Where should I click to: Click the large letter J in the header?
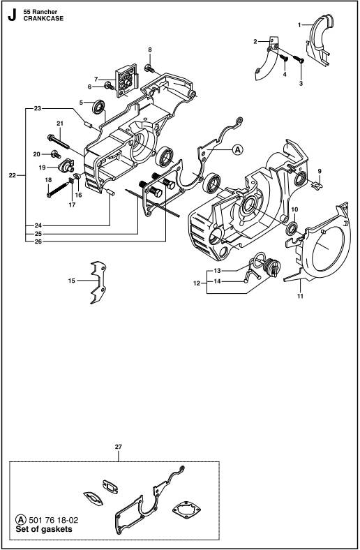(x=13, y=15)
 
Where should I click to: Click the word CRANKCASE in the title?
(x=43, y=19)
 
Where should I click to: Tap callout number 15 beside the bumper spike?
(x=71, y=281)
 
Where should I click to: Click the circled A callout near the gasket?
(x=237, y=150)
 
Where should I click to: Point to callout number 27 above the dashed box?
(x=119, y=447)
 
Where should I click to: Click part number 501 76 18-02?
(x=53, y=520)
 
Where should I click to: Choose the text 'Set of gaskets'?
(x=44, y=529)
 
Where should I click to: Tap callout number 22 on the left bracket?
(x=13, y=175)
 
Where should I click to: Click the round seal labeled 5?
(x=99, y=107)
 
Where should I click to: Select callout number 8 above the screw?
(x=150, y=50)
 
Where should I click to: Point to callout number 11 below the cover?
(x=300, y=296)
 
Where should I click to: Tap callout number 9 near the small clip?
(x=320, y=171)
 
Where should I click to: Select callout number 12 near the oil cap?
(x=197, y=283)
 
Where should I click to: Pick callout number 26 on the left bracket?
(x=38, y=241)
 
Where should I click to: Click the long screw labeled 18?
(x=59, y=188)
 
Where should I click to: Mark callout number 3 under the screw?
(x=301, y=84)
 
